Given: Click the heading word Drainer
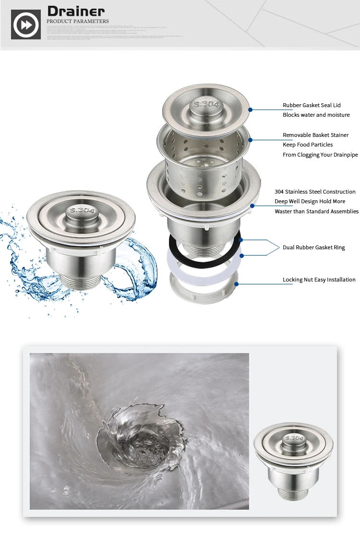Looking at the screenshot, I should point(75,11).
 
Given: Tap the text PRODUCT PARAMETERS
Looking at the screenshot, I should point(78,21).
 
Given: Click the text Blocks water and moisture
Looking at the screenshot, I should point(316,115).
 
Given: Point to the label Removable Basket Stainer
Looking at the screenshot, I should point(315,135).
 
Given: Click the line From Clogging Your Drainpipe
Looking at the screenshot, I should point(320,155).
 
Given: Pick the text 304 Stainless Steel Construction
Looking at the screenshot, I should point(315,192).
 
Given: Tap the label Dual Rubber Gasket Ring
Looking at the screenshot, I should point(313,247).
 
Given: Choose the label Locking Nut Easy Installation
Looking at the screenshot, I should point(319,280).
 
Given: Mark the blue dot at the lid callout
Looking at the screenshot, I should point(250,110).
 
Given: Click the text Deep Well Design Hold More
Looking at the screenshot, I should point(310,201).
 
